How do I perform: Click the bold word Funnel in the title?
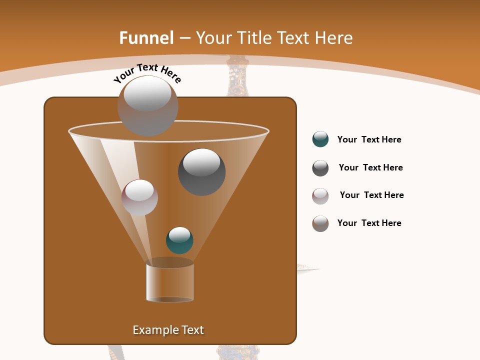pos(146,38)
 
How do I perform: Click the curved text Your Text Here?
pos(147,73)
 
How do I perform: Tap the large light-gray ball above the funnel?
pos(147,106)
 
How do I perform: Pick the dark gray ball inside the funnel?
pos(202,172)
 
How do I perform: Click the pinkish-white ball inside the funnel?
pos(139,197)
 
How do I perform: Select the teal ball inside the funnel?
pos(179,240)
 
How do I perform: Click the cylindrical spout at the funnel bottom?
pos(169,282)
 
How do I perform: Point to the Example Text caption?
pos(168,330)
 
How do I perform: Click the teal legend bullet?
pos(320,139)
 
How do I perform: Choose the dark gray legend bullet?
pos(320,168)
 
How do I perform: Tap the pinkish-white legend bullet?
pos(320,196)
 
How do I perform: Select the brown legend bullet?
pos(320,223)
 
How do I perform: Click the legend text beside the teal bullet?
pos(369,139)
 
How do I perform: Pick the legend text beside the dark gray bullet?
pos(370,167)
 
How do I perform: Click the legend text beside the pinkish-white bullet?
pos(371,195)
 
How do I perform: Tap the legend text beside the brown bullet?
pos(369,223)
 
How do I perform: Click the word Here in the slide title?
pos(333,38)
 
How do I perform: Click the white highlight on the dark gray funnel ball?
pos(201,162)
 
